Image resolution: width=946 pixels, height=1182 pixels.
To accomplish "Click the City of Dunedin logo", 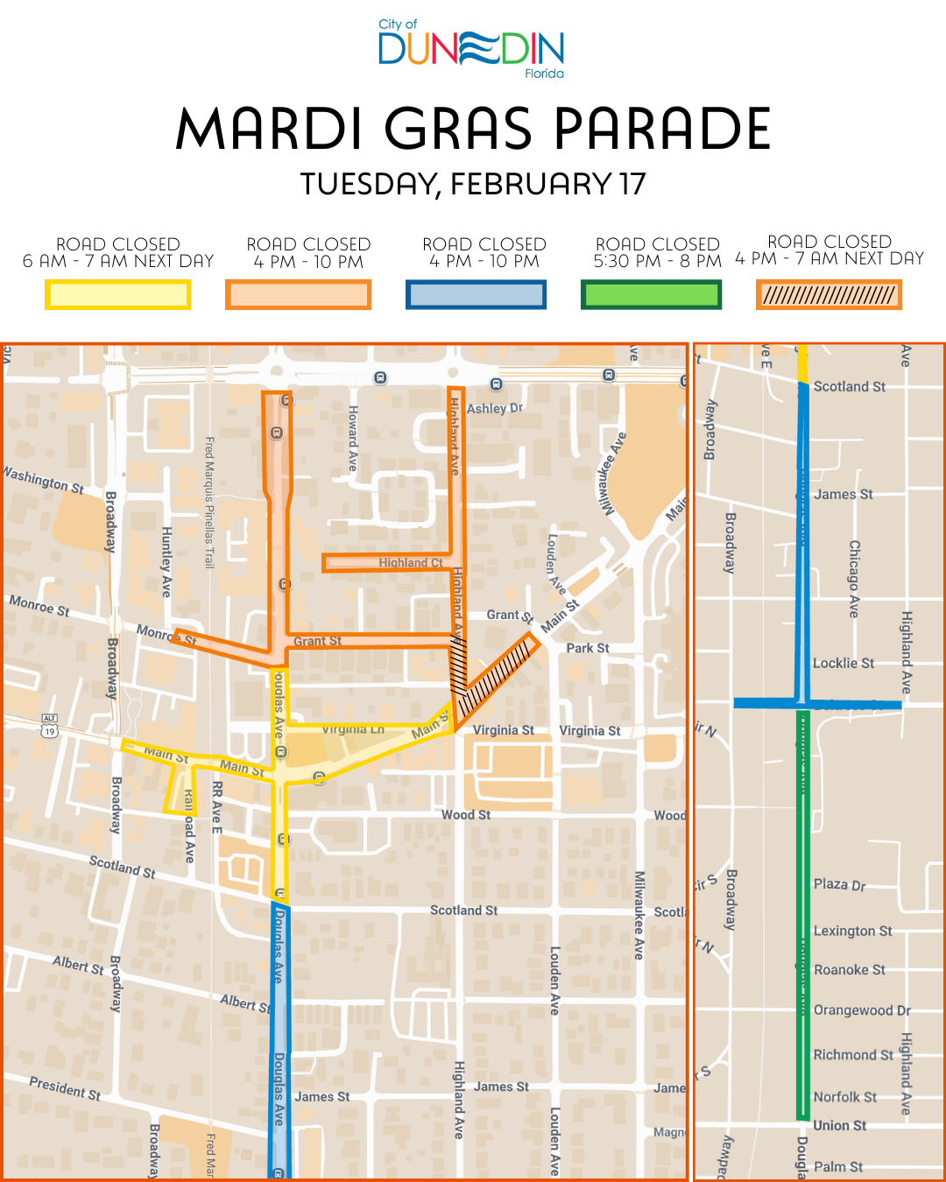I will point(471,49).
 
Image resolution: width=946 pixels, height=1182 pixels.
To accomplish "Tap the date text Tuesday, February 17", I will point(473,185).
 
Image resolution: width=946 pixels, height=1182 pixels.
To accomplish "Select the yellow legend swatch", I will point(118,295).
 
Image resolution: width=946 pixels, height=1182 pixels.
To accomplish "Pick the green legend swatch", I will point(651,295).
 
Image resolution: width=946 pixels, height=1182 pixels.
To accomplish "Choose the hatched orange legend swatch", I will point(829,295).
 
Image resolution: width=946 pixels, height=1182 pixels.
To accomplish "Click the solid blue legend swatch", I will point(476,295).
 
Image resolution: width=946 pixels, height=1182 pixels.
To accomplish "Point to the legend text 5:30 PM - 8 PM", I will point(657,261).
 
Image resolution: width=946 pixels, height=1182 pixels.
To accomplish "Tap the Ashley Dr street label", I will point(495,408).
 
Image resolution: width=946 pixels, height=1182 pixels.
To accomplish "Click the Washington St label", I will point(44,480).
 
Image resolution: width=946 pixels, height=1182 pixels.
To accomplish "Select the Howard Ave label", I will point(353,439).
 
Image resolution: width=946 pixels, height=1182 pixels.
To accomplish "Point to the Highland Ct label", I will point(411,563).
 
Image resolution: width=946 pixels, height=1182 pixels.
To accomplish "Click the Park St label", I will point(587,649).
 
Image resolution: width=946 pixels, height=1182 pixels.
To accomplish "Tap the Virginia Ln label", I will point(353,729).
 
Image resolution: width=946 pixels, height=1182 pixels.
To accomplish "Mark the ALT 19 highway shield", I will point(49,726).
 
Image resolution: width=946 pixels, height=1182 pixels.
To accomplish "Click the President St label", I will point(65,1088).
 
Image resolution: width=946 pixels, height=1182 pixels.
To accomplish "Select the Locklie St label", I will point(843,664).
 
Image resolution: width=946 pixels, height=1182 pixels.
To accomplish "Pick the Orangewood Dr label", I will point(862,1010).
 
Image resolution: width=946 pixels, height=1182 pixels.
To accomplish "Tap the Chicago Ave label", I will point(854,579).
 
